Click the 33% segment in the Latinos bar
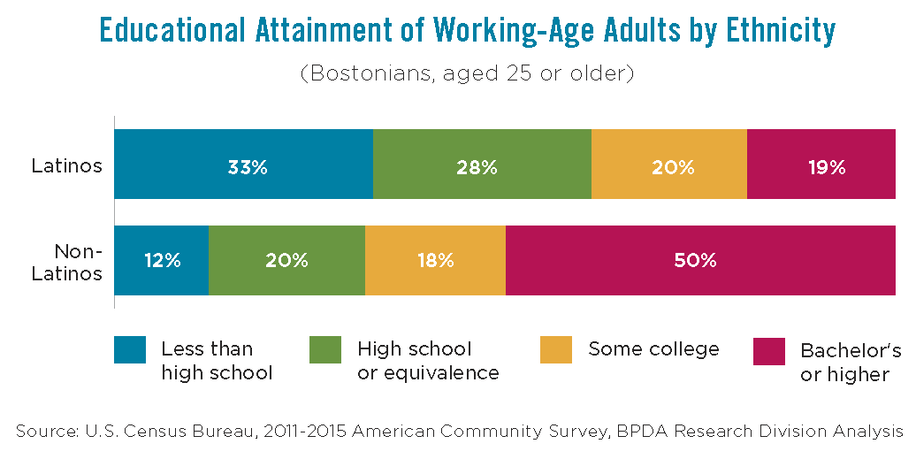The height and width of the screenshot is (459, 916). [x=243, y=164]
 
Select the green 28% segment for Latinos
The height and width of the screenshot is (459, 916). [x=482, y=164]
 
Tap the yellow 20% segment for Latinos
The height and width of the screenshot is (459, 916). [x=669, y=164]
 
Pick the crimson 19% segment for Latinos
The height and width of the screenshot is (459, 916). [x=821, y=164]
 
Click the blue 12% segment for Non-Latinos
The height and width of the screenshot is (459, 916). [x=162, y=260]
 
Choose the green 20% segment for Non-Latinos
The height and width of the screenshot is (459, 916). [x=286, y=260]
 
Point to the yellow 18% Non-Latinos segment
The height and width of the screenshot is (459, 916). [x=435, y=260]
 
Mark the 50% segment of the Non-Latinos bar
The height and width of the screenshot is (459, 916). [x=700, y=260]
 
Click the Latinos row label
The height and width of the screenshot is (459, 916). [x=67, y=165]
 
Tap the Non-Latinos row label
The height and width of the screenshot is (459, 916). [x=67, y=262]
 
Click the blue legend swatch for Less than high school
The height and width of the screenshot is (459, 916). [x=130, y=350]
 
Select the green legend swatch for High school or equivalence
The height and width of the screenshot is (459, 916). [x=325, y=350]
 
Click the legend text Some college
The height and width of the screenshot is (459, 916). [x=653, y=349]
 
